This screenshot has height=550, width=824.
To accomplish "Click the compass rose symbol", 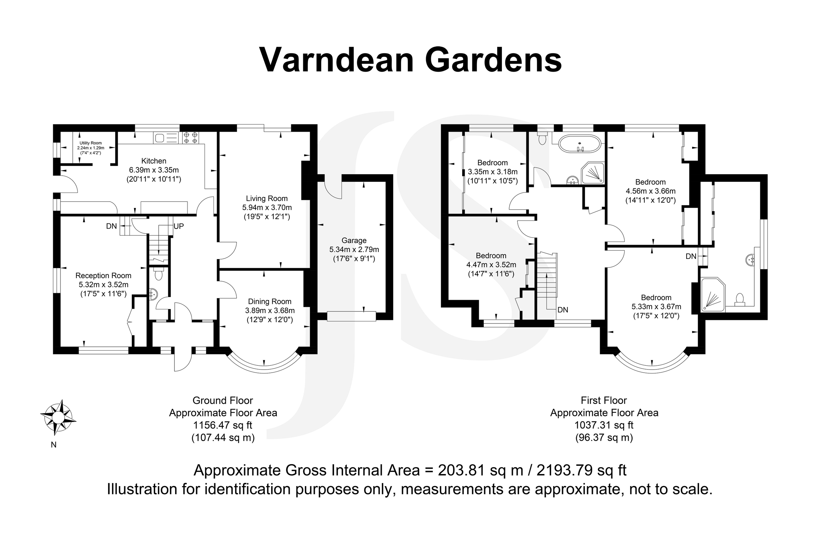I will pos(58,417).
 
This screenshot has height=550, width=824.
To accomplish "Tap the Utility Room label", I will pos(90,143).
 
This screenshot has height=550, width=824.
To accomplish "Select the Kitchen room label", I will pos(153,161).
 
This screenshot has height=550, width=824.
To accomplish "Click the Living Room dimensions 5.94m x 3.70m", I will pos(267,208).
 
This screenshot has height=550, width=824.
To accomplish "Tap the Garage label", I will pos(354,241).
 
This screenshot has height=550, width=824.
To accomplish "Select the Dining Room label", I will pos(270,301).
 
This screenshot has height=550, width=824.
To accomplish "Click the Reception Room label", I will pos(103,276).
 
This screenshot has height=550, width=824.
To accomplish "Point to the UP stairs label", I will pos(178,226).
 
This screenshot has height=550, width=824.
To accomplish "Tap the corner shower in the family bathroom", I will pos(593,173).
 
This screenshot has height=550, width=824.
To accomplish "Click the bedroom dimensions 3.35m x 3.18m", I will pos(492,172).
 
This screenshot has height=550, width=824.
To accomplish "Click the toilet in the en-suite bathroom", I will pos(740,299).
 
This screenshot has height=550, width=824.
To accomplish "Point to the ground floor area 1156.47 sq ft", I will pos(223,426).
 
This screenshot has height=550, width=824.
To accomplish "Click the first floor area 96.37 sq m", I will pos(604,438).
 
